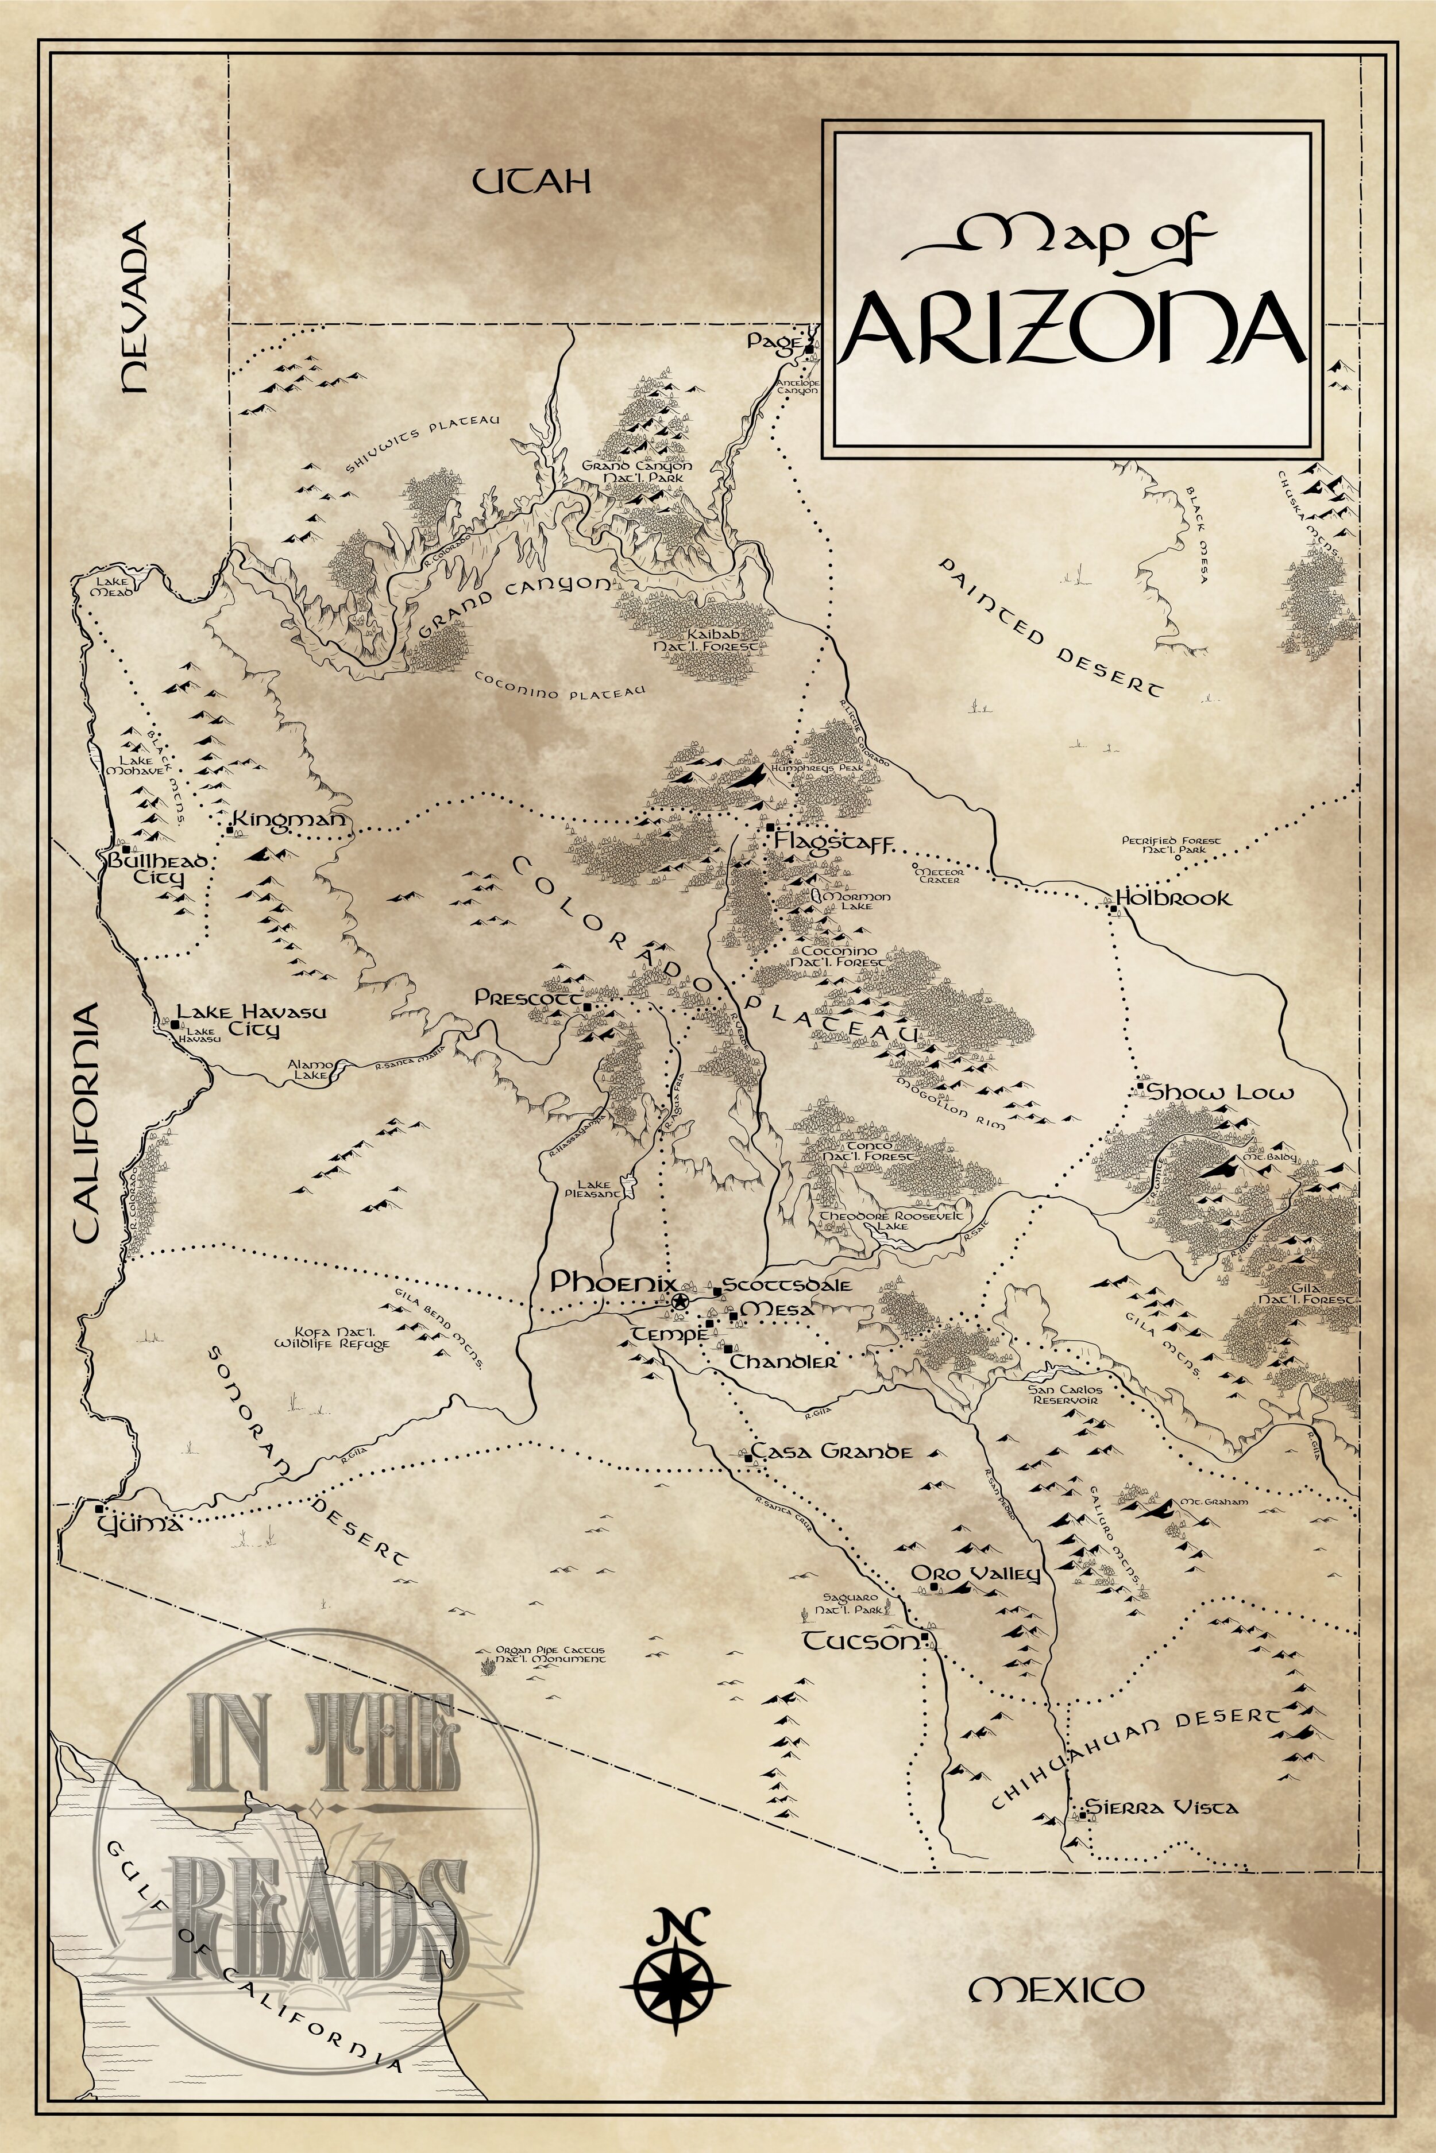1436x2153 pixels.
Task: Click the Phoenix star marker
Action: click(x=680, y=1302)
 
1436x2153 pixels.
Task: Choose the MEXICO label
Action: click(x=1056, y=1982)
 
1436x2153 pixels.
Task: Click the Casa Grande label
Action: click(x=832, y=1452)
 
